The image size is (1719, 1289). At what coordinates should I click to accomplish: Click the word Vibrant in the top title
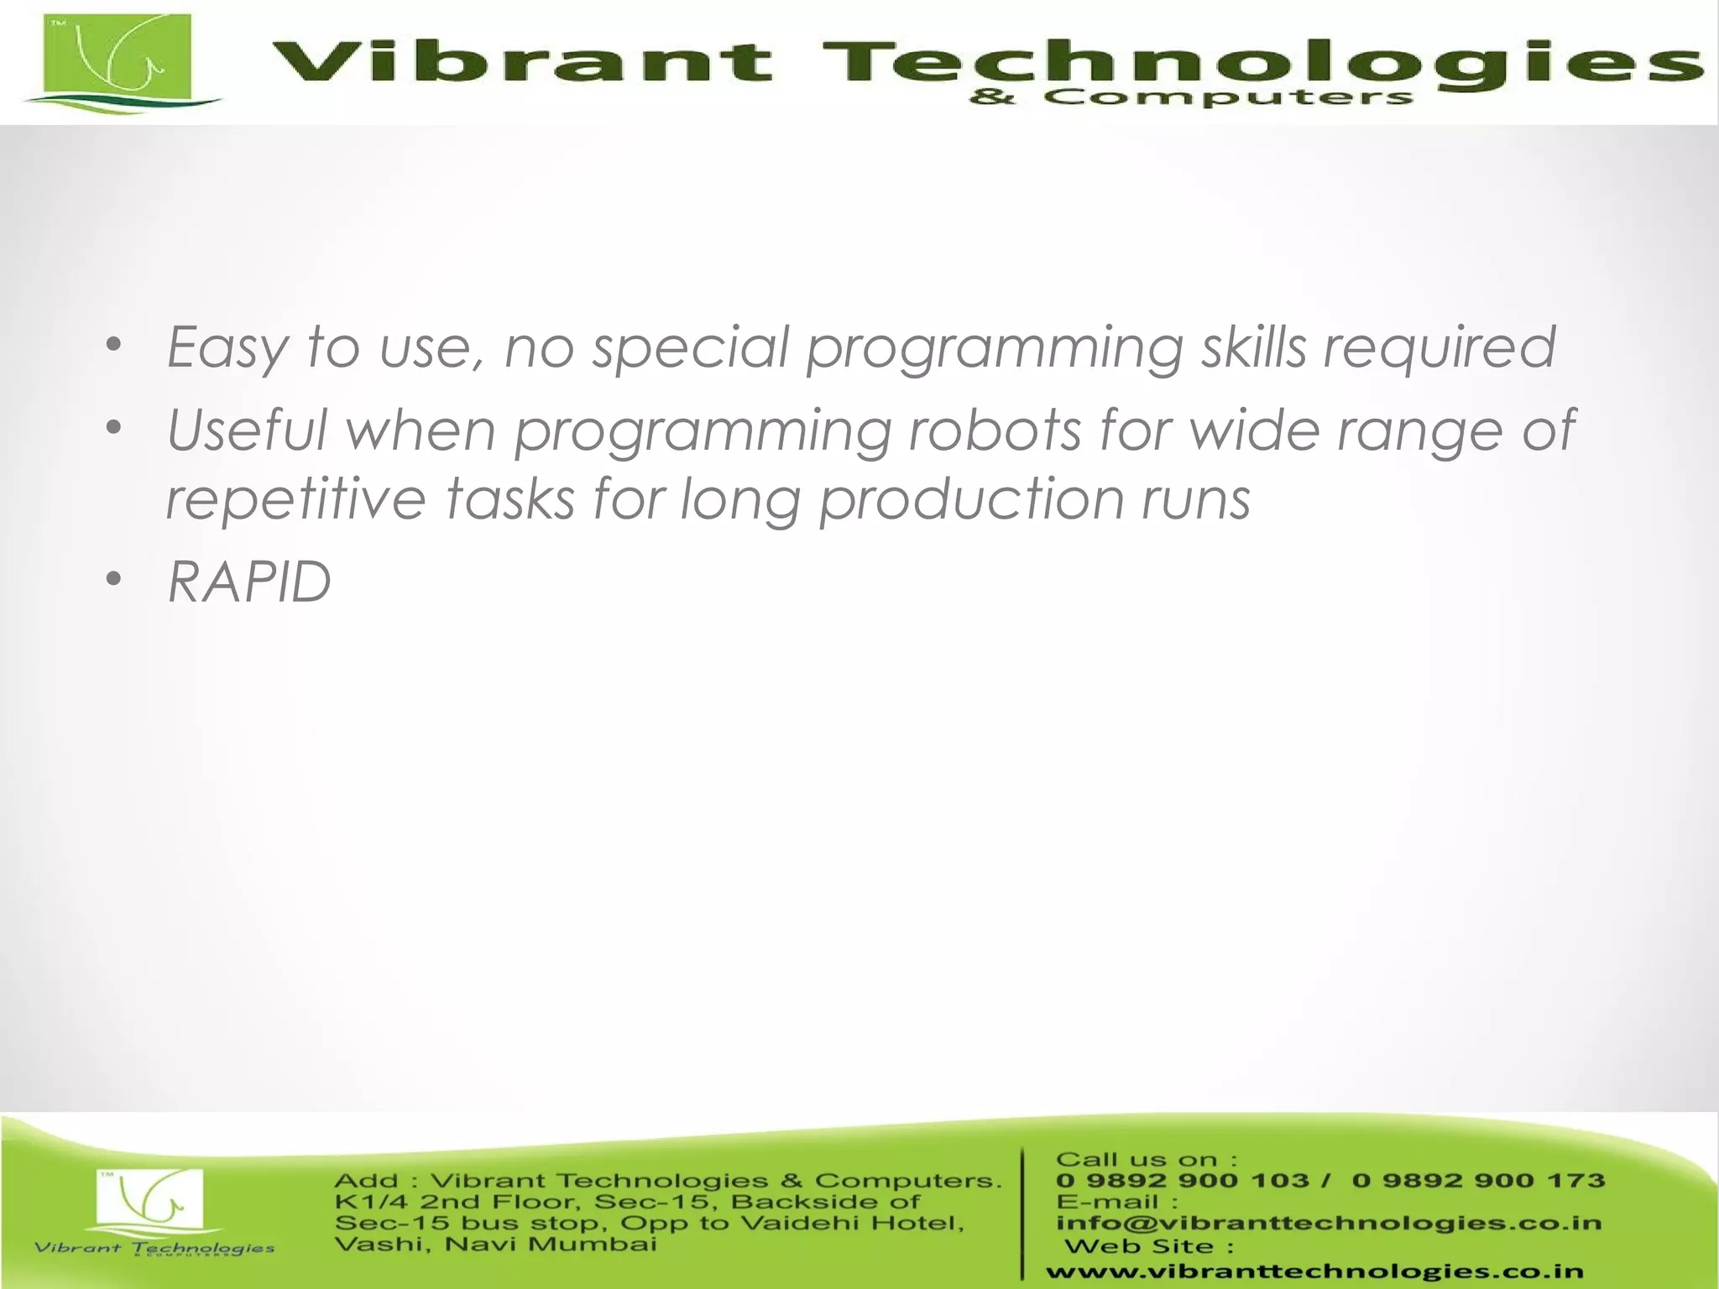[520, 62]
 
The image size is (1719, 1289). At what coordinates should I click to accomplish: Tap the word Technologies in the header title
[1259, 62]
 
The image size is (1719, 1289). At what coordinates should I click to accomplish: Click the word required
[1439, 347]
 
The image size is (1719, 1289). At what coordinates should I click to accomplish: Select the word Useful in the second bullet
[247, 430]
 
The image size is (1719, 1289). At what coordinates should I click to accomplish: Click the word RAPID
[249, 581]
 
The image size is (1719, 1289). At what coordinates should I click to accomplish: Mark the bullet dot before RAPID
[115, 579]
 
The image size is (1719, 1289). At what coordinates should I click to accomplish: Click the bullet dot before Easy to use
[115, 344]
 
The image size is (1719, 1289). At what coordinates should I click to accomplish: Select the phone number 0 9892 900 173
[1478, 1180]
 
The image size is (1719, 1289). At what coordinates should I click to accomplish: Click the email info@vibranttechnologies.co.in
[1329, 1223]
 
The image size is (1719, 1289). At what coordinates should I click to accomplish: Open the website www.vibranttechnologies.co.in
[1314, 1272]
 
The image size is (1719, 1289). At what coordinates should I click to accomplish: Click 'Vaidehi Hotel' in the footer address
[852, 1223]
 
